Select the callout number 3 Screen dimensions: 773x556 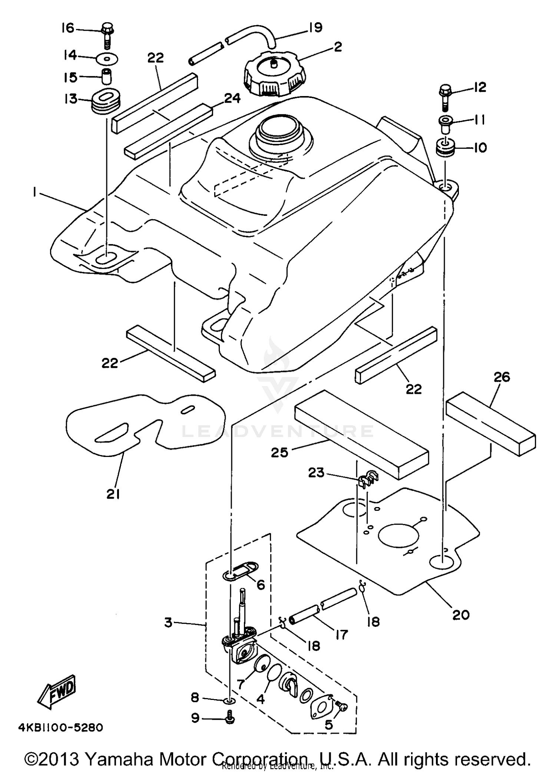tap(169, 622)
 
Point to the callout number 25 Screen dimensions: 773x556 tap(279, 452)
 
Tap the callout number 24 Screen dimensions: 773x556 tap(232, 98)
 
